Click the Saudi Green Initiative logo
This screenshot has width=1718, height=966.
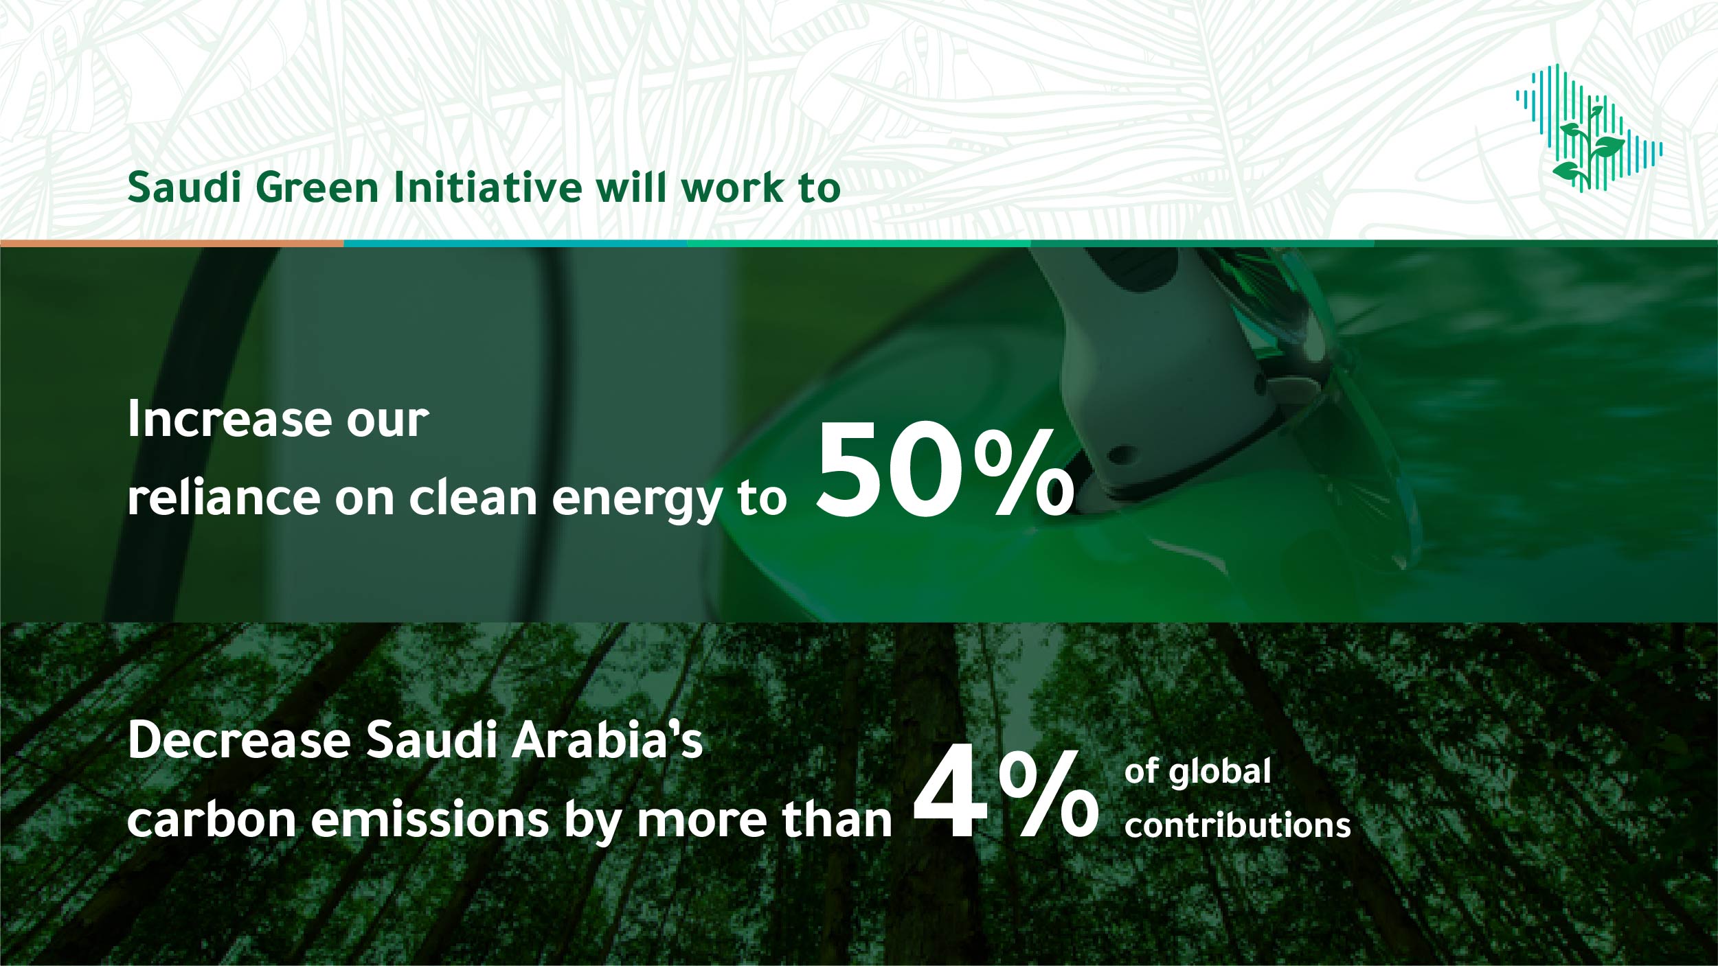click(1589, 129)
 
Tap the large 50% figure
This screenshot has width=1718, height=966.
click(945, 471)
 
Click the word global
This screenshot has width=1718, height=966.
click(1220, 772)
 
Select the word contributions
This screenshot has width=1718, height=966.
click(1238, 825)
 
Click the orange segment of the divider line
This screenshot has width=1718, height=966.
click(172, 243)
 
